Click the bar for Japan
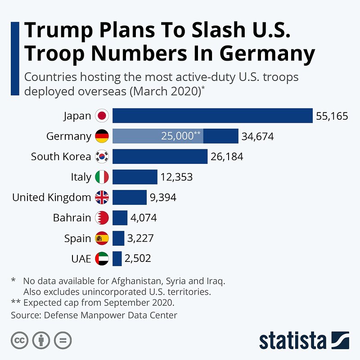click(x=212, y=116)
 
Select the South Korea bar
click(x=160, y=157)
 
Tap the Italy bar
click(x=135, y=177)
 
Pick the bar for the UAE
click(x=117, y=258)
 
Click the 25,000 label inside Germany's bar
click(x=180, y=136)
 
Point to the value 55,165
click(x=332, y=116)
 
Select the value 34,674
click(x=257, y=136)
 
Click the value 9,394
click(x=163, y=197)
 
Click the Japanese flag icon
click(x=102, y=116)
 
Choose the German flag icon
click(x=102, y=136)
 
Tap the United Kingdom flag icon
click(x=102, y=197)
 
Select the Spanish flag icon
click(x=102, y=238)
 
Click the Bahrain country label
click(x=72, y=218)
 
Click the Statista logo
click(x=304, y=341)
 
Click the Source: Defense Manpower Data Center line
click(x=94, y=315)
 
